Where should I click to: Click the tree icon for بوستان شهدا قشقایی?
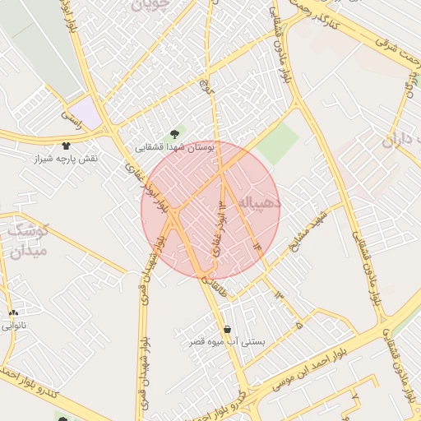point(173,134)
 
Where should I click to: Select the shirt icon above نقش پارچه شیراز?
point(66,146)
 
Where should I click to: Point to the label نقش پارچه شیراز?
point(65,158)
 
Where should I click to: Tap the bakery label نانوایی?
point(16,326)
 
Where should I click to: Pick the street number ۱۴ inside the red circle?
point(258,244)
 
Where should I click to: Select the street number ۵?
point(299,326)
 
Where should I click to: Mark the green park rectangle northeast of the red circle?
point(278,145)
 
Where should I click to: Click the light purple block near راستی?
point(86,113)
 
